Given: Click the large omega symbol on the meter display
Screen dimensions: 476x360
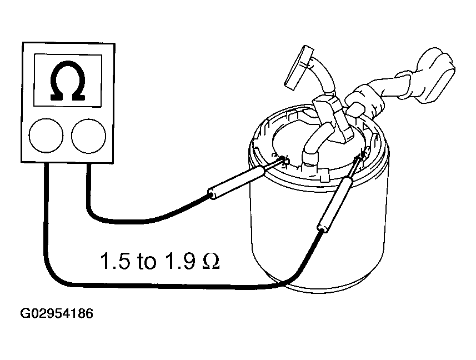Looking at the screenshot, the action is [x=68, y=81].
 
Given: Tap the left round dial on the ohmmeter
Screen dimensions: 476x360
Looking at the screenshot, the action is [x=46, y=136].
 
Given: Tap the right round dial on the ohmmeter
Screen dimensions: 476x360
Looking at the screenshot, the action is [x=89, y=136].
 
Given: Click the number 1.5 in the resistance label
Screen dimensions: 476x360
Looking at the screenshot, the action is [x=115, y=261].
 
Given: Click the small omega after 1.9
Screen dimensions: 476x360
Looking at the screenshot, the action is [x=211, y=261].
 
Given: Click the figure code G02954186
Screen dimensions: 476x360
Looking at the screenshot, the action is [x=57, y=313].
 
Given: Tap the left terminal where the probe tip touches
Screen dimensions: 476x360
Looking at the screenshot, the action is [x=284, y=159].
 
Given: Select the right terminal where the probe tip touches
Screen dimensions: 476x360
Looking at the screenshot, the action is [x=364, y=153].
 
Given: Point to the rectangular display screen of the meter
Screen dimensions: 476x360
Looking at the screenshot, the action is [x=67, y=81].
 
